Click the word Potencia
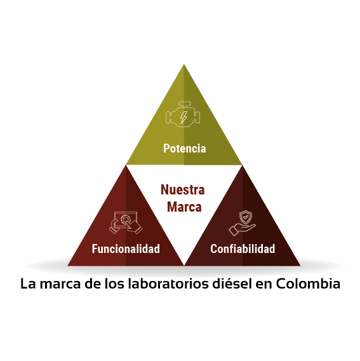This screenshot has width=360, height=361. coord(185,148)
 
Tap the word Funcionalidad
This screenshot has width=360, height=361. coord(126,249)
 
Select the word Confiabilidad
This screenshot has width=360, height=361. coord(243,249)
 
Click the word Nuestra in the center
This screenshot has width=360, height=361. coord(183,189)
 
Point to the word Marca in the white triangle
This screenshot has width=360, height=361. coord(184,207)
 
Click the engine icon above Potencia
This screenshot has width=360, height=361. coord(183,114)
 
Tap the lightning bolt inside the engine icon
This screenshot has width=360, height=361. coord(183,118)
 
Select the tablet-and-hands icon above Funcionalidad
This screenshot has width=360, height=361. coord(126,222)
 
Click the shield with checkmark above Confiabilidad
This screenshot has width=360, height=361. coord(246,217)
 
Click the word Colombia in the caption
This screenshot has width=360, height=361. coord(308,283)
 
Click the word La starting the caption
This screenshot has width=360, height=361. coord(28,284)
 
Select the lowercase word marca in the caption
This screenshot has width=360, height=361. coord(60,285)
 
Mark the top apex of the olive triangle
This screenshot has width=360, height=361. coord(183,64)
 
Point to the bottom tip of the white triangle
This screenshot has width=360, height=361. coord(184,265)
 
